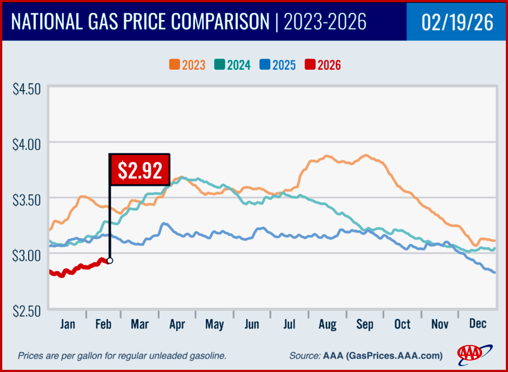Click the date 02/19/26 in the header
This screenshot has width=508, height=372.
point(457,23)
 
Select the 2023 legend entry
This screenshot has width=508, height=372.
point(187,65)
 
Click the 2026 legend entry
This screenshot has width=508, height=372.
point(323,65)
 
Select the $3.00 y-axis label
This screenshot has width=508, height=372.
point(26,255)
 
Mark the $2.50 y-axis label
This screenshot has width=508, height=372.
point(26,310)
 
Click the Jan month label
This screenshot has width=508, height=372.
point(67,324)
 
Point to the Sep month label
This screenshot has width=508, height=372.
point(365,324)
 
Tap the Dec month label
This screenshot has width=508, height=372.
point(477,324)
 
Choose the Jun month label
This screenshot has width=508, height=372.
point(252,324)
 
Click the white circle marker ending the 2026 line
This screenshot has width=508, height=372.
point(110,261)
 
